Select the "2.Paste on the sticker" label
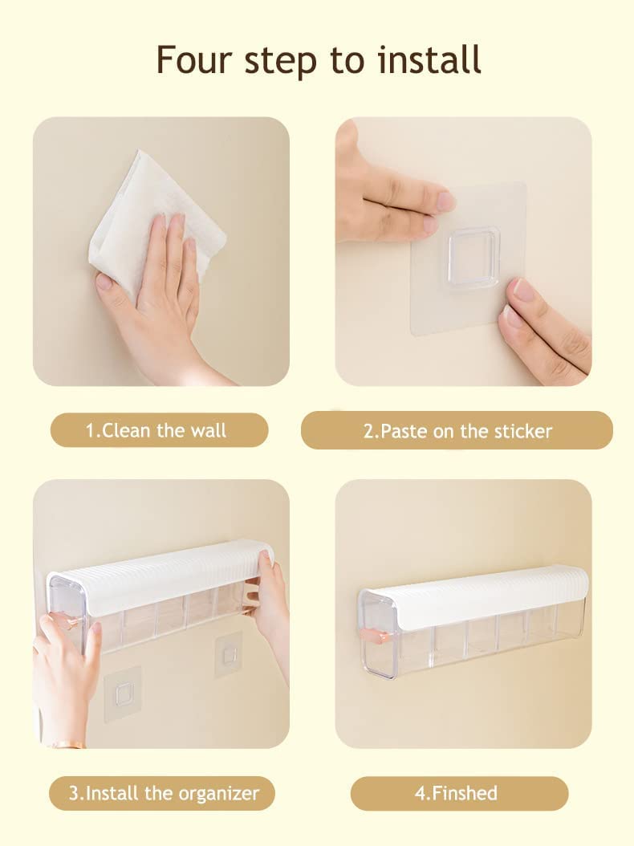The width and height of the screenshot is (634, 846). pos(457,431)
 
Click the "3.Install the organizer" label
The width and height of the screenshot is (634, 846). pos(163,794)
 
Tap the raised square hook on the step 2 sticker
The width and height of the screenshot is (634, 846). pos(473,257)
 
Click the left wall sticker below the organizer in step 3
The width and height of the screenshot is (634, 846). pos(123,692)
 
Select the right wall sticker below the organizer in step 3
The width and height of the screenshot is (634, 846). pos(228,655)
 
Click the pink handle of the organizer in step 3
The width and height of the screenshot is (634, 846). pos(66,621)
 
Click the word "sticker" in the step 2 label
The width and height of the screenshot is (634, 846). pos(522,431)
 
